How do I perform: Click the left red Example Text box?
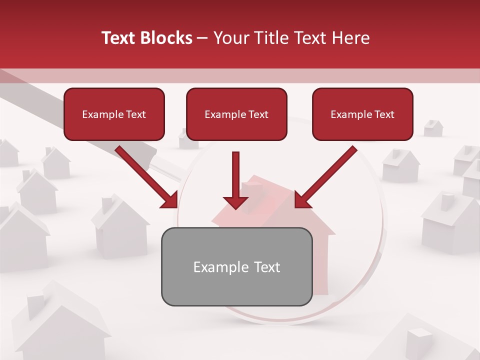point(114,114)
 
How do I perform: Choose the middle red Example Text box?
point(236,114)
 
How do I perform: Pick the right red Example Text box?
point(362,114)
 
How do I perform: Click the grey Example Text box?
point(236,266)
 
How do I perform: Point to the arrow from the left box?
point(145,175)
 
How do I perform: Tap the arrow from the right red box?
point(327,175)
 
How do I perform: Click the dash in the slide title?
point(202,38)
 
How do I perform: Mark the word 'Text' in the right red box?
point(384,114)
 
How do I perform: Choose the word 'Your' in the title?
point(230,38)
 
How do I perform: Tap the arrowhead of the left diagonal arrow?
point(170,200)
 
